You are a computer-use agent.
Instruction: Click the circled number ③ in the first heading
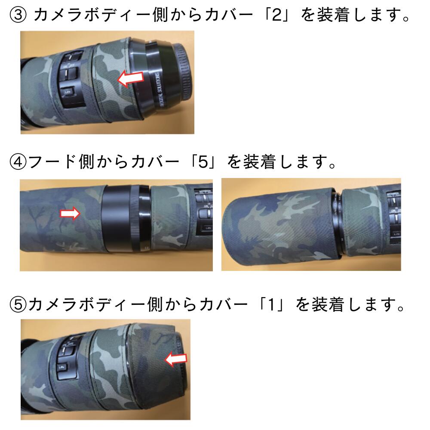point(18,15)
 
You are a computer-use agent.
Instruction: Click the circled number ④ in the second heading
point(18,162)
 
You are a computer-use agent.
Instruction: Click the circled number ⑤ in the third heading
point(18,304)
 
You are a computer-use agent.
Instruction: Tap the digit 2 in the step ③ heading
point(277,15)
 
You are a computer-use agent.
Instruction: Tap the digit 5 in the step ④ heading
point(203,162)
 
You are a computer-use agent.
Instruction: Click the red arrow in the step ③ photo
point(131,78)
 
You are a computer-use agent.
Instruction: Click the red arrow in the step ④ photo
point(70,213)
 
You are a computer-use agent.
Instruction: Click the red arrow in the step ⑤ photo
point(176,359)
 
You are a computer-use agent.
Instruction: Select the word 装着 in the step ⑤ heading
point(328,304)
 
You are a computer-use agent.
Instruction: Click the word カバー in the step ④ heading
point(155,162)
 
